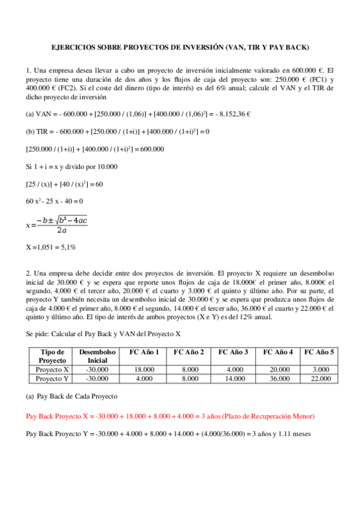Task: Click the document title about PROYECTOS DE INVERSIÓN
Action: click(x=180, y=47)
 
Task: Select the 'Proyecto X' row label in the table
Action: click(x=52, y=369)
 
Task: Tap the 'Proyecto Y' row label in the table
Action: click(x=52, y=379)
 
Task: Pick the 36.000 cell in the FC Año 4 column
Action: click(x=275, y=379)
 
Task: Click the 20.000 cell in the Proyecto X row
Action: click(x=275, y=369)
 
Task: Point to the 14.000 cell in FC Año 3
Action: click(x=231, y=379)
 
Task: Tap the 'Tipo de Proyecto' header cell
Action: click(x=52, y=356)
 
